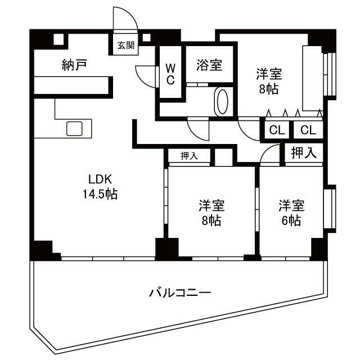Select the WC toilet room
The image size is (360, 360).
tap(170, 74)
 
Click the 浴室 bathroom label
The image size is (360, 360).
tap(209, 65)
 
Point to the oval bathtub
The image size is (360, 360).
tap(222, 101)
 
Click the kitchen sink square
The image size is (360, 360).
tap(75, 129)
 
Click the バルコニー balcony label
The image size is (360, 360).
tap(180, 292)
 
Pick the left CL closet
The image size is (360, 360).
tap(277, 130)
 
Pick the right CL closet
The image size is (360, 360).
tap(308, 130)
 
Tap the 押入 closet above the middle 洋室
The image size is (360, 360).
tap(189, 156)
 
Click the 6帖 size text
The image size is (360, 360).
tap(291, 220)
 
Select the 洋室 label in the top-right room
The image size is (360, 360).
tap(269, 74)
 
